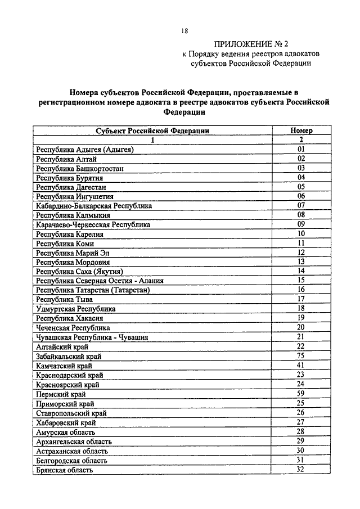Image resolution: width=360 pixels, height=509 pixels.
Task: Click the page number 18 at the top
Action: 184,32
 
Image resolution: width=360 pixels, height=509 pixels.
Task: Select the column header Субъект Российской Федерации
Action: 152,130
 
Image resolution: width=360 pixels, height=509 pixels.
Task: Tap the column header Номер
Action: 301,130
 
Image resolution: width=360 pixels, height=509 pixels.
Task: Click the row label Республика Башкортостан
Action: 79,168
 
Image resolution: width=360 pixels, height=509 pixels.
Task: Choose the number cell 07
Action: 301,206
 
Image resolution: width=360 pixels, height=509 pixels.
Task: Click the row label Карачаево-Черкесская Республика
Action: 93,225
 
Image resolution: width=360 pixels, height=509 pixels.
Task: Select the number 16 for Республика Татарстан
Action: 301,290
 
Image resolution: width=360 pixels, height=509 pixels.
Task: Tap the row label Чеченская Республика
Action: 73,328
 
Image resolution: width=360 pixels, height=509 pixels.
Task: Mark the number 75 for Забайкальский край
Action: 301,355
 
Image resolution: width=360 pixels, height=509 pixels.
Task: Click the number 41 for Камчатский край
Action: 301,365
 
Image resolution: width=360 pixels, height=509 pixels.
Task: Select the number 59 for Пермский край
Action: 301,394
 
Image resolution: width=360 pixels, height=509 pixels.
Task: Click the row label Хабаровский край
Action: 66,422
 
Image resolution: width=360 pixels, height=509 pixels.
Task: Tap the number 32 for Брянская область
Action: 301,469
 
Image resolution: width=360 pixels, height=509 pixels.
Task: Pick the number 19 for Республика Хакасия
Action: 301,318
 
